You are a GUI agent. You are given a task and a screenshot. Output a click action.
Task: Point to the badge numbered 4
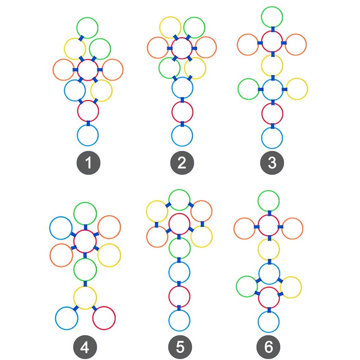tap(85, 347)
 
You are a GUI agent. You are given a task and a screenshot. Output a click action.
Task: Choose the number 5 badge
tap(180, 347)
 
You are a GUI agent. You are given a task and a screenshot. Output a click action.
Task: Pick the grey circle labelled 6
tap(269, 347)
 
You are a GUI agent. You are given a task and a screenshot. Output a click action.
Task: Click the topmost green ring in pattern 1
tap(88, 28)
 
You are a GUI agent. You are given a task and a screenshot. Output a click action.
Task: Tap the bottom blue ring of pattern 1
tap(88, 136)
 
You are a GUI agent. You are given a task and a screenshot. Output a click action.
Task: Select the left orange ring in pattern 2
tap(158, 48)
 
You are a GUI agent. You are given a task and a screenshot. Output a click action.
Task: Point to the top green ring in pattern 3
tap(272, 17)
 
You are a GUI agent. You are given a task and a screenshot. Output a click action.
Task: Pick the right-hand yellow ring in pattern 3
tap(297, 89)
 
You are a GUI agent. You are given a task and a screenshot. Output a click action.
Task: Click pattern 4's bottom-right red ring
tap(104, 318)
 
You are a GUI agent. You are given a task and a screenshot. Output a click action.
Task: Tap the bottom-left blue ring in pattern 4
tap(67, 318)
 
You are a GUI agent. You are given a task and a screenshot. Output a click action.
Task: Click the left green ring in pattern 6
tap(247, 287)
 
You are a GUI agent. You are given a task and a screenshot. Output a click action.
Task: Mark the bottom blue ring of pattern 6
tap(269, 322)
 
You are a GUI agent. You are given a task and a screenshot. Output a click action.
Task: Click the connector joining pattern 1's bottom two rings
tap(88, 123)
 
